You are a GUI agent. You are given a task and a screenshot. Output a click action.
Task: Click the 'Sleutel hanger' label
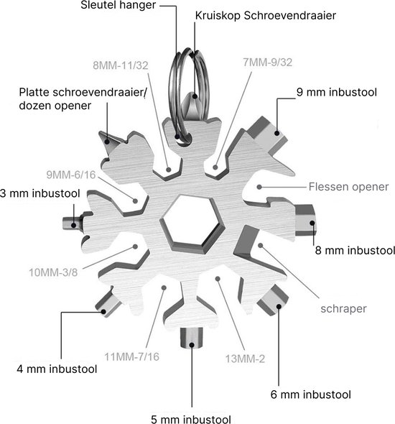[118, 5]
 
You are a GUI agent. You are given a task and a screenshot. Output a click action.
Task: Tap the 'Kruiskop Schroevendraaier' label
[266, 16]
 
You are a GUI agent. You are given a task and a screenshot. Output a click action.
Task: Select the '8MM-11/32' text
[121, 65]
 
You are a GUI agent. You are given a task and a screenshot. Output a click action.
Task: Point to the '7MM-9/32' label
[267, 63]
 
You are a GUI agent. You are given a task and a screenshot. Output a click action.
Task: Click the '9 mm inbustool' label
[337, 92]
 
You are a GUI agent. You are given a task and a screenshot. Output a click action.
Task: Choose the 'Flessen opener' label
[348, 187]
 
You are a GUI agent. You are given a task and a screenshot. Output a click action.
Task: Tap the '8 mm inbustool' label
[355, 250]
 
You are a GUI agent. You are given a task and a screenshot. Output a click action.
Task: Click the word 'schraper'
[343, 309]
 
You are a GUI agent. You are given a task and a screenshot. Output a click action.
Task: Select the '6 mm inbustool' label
[311, 395]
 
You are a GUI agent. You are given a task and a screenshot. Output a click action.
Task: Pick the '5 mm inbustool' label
[191, 419]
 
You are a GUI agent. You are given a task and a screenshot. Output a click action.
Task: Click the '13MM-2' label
[245, 359]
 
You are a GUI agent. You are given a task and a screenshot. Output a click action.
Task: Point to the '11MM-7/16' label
[132, 357]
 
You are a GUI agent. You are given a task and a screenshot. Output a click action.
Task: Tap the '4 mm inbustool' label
[57, 369]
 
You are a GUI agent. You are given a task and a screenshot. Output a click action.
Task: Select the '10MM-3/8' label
[53, 272]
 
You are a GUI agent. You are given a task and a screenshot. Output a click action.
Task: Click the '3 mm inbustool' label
[40, 193]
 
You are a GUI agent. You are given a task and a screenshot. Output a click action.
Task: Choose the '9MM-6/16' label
[71, 175]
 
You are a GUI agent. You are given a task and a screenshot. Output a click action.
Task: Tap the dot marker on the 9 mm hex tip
[277, 133]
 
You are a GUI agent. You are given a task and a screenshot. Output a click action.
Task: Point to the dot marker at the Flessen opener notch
[259, 187]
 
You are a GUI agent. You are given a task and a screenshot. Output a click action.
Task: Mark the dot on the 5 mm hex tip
[192, 345]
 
